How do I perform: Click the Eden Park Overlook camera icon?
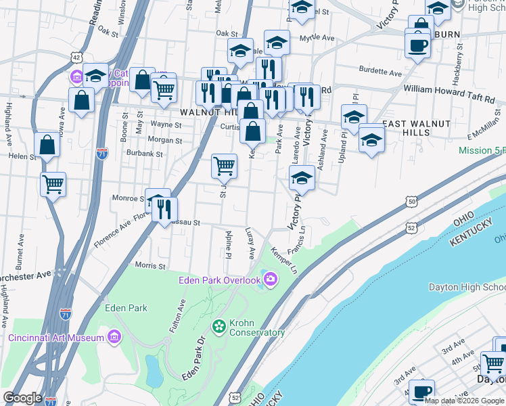[271, 279]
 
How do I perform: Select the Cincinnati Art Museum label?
[56, 338]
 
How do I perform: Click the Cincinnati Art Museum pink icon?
[114, 337]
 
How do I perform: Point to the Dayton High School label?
[467, 288]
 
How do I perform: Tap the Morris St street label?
[150, 265]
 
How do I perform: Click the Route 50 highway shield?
[411, 201]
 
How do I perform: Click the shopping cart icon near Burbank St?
[224, 165]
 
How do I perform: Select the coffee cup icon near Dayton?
[421, 391]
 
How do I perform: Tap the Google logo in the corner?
[22, 398]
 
